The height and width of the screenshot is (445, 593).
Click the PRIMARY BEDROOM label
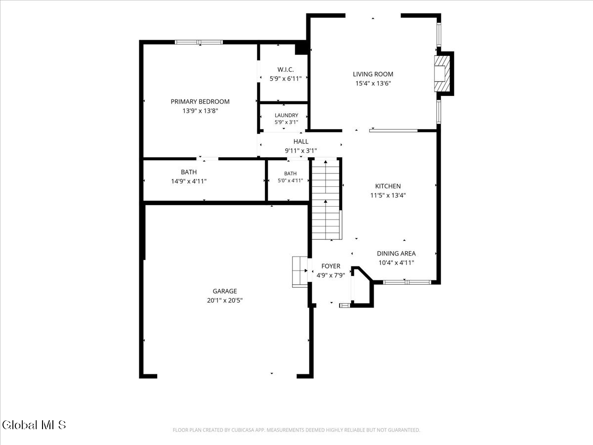[x=200, y=101]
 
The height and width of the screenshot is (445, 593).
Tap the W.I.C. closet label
[x=286, y=70]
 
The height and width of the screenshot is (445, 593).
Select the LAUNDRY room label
[x=286, y=115]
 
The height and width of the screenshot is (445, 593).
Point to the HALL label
[x=300, y=141]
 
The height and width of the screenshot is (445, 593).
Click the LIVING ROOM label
[x=373, y=74]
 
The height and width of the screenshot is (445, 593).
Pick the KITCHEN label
[x=388, y=186]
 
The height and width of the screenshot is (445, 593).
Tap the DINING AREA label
[x=396, y=254]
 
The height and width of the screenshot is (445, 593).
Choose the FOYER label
[x=331, y=266]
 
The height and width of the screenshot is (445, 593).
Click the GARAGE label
[x=224, y=291]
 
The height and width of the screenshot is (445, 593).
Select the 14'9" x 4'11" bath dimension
[x=189, y=181]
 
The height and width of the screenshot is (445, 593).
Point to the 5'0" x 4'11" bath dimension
[x=290, y=180]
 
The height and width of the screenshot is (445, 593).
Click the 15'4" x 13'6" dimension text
[x=373, y=83]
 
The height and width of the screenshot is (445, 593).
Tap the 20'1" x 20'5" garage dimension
[x=224, y=300]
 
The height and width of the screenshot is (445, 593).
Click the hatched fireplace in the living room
[x=442, y=74]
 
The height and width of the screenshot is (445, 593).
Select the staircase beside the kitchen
[x=326, y=199]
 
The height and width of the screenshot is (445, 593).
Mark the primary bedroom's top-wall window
[x=199, y=42]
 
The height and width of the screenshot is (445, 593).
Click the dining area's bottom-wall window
[x=407, y=282]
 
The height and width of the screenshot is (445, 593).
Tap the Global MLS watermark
[x=34, y=425]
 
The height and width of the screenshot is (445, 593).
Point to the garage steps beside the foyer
[x=300, y=272]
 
